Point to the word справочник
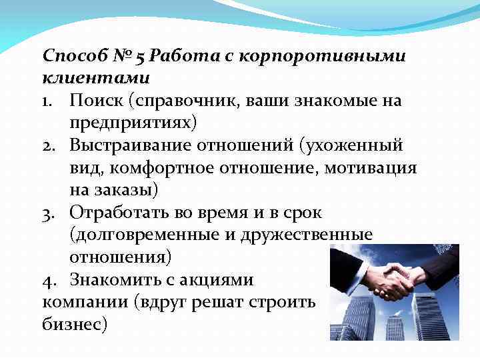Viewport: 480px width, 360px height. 186,100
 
